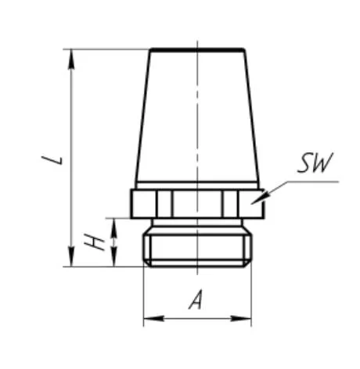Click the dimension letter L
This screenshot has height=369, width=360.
52,160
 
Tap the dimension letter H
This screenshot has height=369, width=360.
94,242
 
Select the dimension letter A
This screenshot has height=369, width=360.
196,300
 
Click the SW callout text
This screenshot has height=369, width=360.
315,163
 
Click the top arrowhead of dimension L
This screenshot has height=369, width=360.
71,59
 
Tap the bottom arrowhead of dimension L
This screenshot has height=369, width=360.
71,257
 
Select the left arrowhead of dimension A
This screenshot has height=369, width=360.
153,318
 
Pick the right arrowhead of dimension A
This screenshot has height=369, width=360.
241,318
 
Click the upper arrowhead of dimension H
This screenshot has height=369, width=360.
114,227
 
